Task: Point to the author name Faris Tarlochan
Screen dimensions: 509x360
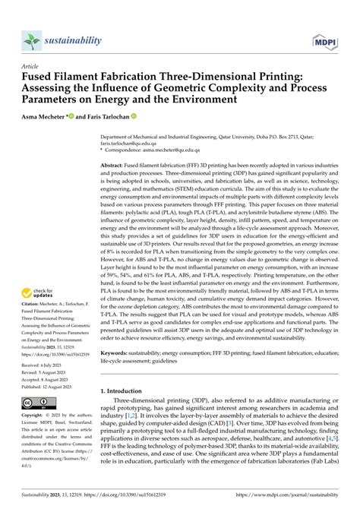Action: coord(106,117)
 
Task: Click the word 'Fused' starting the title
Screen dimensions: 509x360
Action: coord(37,77)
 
